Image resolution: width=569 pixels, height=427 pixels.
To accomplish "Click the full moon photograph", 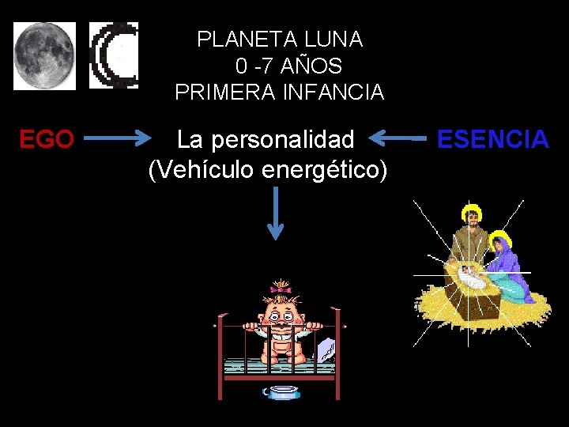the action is pyautogui.click(x=44, y=55).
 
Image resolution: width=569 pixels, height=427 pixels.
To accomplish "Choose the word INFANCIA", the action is pyautogui.click(x=333, y=93).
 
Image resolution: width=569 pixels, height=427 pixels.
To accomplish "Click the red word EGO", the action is pyautogui.click(x=47, y=140).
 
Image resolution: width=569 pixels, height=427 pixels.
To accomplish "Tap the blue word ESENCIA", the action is pyautogui.click(x=492, y=140).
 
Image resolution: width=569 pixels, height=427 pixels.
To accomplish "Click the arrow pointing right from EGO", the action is pyautogui.click(x=118, y=140).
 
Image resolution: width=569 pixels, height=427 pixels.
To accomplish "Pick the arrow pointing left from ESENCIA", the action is pyautogui.click(x=398, y=140).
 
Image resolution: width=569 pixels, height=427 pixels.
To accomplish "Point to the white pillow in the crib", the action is pyautogui.click(x=326, y=348).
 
